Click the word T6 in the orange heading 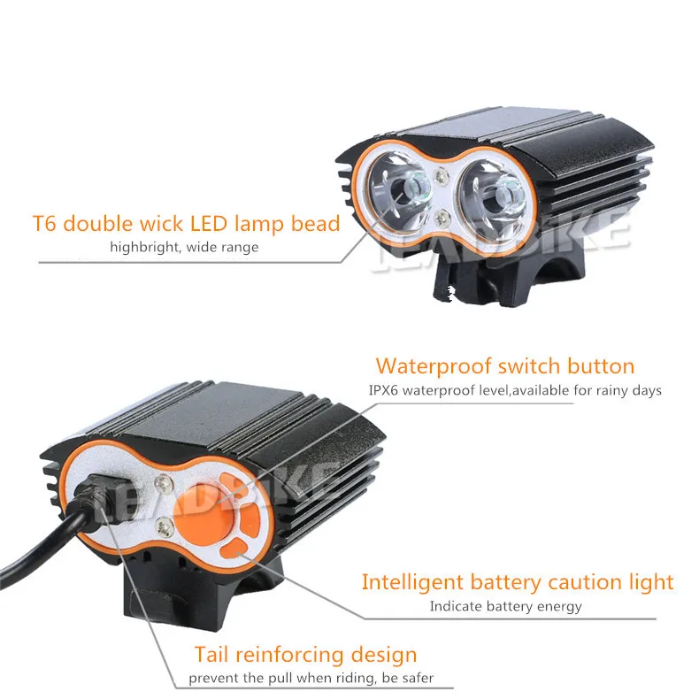(46, 223)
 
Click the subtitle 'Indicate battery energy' (505, 606)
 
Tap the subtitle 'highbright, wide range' (184, 247)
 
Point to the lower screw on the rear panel (165, 528)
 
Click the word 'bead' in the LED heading (314, 223)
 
